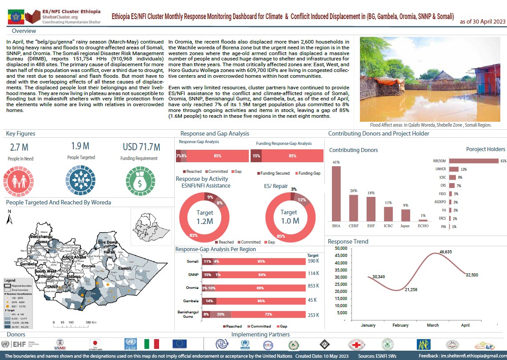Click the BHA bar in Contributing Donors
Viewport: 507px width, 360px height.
[x=336, y=193]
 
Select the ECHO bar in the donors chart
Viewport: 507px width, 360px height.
[x=423, y=220]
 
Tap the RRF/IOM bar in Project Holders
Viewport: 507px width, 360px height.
[x=474, y=161]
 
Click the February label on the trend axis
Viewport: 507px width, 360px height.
[x=400, y=325]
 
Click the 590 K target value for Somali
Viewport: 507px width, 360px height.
[x=313, y=261]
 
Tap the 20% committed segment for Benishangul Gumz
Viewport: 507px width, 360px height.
[x=220, y=314]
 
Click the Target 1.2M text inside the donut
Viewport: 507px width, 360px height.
[x=205, y=216]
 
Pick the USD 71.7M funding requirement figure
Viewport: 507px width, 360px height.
[x=141, y=147]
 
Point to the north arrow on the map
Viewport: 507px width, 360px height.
[x=9, y=219]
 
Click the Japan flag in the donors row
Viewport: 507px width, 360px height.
[x=94, y=344]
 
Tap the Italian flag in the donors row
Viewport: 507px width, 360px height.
[x=152, y=344]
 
